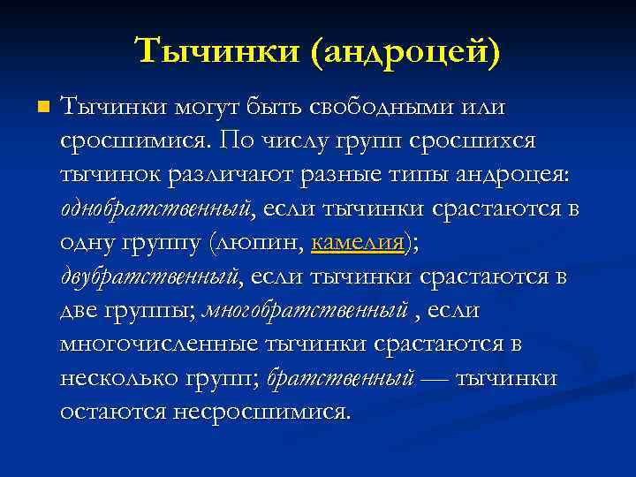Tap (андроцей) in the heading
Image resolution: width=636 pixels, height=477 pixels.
pyautogui.click(x=404, y=51)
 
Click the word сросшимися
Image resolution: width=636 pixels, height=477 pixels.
pyautogui.click(x=134, y=140)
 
